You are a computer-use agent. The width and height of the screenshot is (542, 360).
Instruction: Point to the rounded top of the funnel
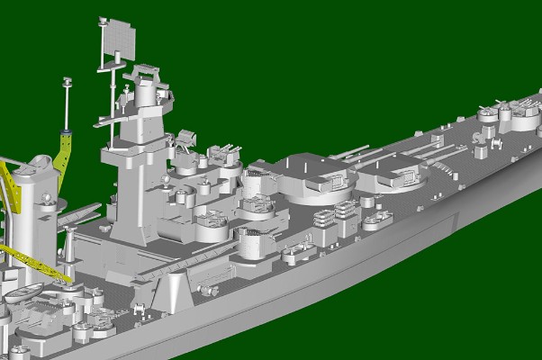click(39, 165)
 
